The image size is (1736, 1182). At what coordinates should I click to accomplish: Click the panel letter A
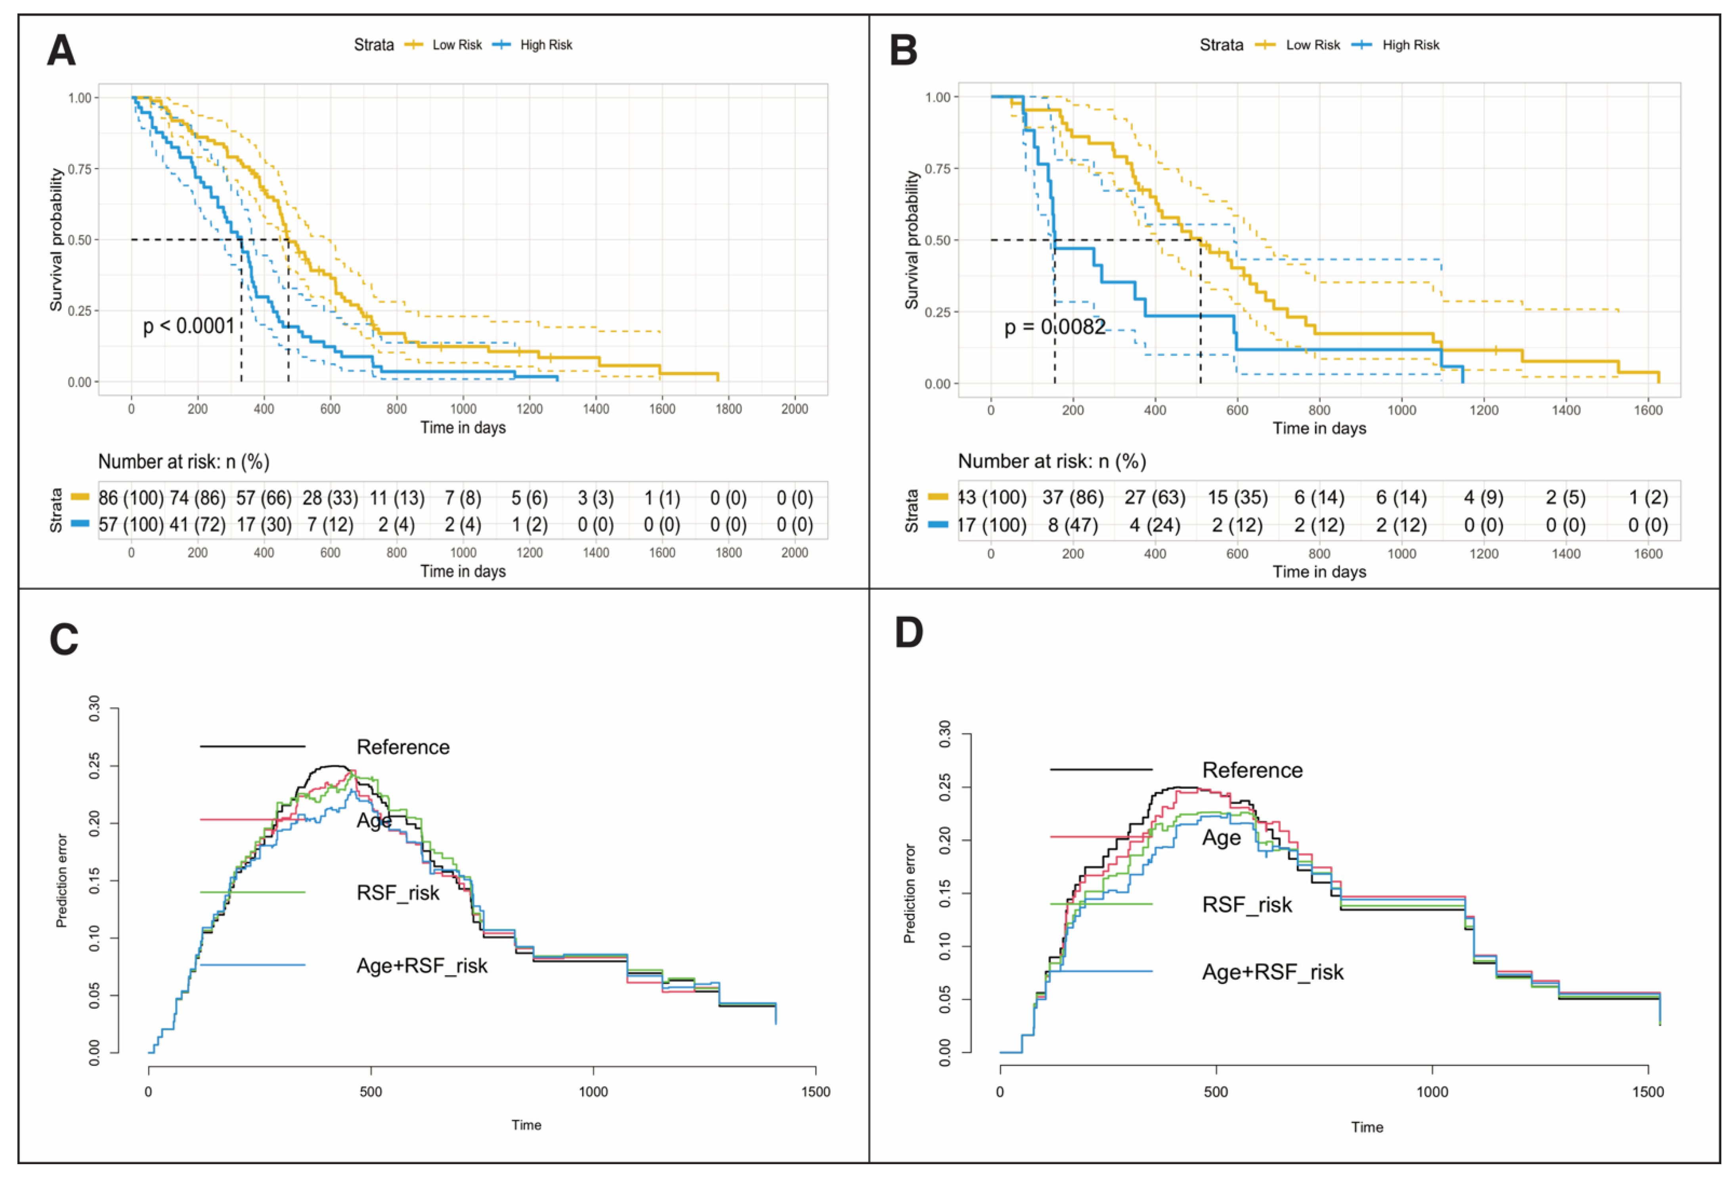click(x=61, y=51)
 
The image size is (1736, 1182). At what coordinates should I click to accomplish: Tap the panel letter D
click(x=908, y=633)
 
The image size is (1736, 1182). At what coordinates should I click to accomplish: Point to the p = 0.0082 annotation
click(x=1054, y=327)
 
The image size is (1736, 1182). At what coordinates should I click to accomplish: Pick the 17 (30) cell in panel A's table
click(x=264, y=525)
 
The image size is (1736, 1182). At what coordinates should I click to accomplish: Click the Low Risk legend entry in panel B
click(x=1312, y=45)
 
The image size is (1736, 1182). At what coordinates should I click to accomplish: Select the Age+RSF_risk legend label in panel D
click(x=1272, y=972)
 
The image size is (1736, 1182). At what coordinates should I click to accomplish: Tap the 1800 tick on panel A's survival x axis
click(x=728, y=409)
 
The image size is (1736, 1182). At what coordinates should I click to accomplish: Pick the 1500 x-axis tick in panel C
click(x=815, y=1092)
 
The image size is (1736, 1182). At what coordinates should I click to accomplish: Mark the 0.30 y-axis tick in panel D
click(x=944, y=734)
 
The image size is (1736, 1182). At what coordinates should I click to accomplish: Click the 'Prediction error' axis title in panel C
click(x=62, y=881)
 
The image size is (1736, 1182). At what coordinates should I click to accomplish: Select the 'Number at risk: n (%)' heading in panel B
click(x=1052, y=461)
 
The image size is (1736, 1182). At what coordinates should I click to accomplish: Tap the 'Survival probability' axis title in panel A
click(x=56, y=240)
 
